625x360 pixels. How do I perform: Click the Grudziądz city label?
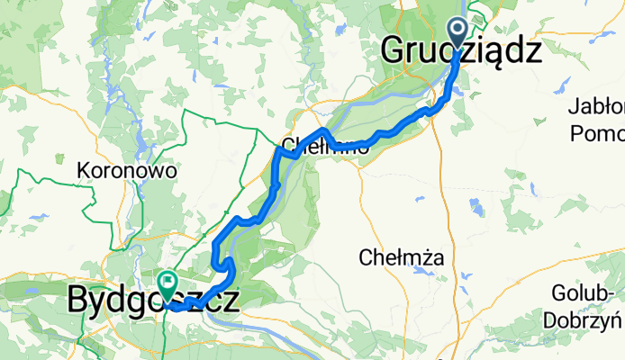coord(462,51)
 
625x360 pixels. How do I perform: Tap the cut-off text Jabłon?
coord(596,107)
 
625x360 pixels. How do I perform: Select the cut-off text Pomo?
coord(598,132)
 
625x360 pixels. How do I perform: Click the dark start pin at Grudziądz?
coord(457,33)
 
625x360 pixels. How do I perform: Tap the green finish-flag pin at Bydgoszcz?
coord(168,284)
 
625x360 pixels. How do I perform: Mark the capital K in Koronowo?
coord(85,169)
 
